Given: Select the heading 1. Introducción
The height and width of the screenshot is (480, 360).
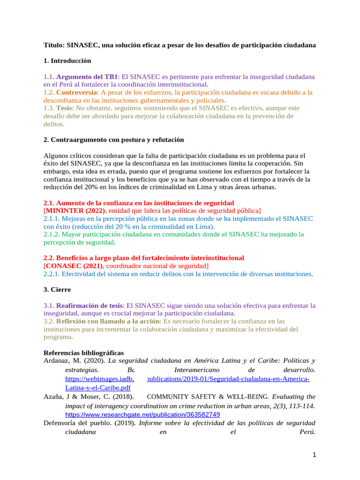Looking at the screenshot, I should click(67, 61).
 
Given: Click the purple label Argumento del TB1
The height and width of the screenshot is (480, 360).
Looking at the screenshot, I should click(87, 76).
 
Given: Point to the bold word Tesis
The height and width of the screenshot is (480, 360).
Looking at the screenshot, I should click(65, 108).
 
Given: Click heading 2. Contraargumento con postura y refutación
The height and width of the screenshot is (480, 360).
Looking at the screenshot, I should click(113, 140).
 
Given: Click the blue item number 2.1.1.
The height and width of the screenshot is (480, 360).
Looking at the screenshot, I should click(52, 219).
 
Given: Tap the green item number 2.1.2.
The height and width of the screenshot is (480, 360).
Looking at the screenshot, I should click(52, 234).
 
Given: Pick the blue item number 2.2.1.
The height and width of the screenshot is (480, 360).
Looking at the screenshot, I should click(52, 274).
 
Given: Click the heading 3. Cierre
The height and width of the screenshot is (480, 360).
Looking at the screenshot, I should click(58, 290).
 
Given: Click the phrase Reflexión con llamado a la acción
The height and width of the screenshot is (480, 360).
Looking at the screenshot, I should click(108, 322).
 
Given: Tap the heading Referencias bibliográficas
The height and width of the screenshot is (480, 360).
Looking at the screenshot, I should click(83, 352).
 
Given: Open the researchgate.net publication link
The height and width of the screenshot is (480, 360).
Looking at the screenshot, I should click(142, 415).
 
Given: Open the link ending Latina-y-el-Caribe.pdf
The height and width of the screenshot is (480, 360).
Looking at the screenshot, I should click(97, 388).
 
